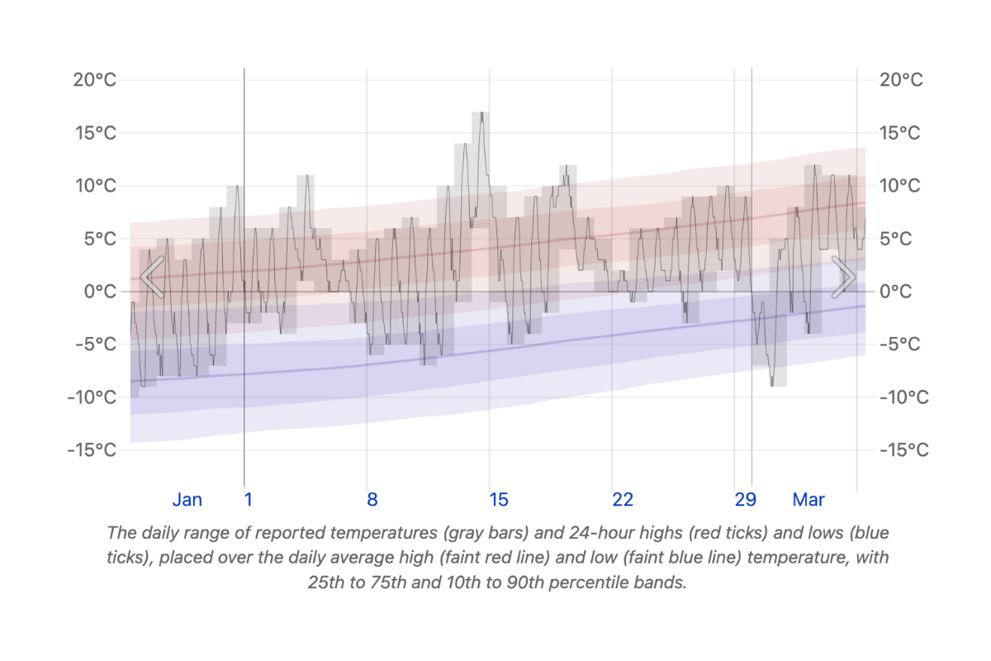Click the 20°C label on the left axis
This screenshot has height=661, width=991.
point(93,80)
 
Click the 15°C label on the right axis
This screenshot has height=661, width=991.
point(903,133)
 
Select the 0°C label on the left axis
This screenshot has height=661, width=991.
point(97,292)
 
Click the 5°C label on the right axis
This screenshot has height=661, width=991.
point(899,239)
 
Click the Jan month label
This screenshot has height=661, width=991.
point(187,500)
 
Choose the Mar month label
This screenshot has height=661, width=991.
point(808,500)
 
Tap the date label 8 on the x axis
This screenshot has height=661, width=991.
point(372,500)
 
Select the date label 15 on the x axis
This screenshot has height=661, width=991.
point(498,500)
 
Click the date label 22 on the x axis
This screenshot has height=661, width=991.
point(623,500)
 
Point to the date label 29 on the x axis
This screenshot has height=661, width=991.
point(745,500)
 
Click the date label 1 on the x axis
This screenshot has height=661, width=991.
point(249,500)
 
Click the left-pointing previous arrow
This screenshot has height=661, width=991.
point(152,277)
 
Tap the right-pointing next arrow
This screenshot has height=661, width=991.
point(843,277)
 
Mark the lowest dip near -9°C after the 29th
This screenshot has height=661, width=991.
point(773,384)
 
